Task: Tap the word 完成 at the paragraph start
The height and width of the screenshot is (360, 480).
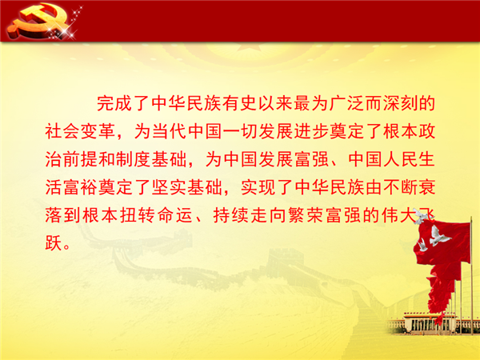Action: pos(114,103)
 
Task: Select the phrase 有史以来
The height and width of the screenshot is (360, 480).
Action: pos(239,103)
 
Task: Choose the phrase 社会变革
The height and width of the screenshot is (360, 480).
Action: pos(81,131)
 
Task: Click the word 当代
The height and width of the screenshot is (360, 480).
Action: pos(170,131)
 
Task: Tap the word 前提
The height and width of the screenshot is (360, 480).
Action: pos(81,159)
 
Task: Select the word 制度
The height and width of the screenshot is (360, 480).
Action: pos(134,159)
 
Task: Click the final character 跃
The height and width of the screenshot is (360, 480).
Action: pos(54,243)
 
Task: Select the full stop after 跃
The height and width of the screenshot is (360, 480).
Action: pos(66,247)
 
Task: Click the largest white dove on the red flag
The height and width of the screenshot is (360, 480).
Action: pos(438,236)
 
